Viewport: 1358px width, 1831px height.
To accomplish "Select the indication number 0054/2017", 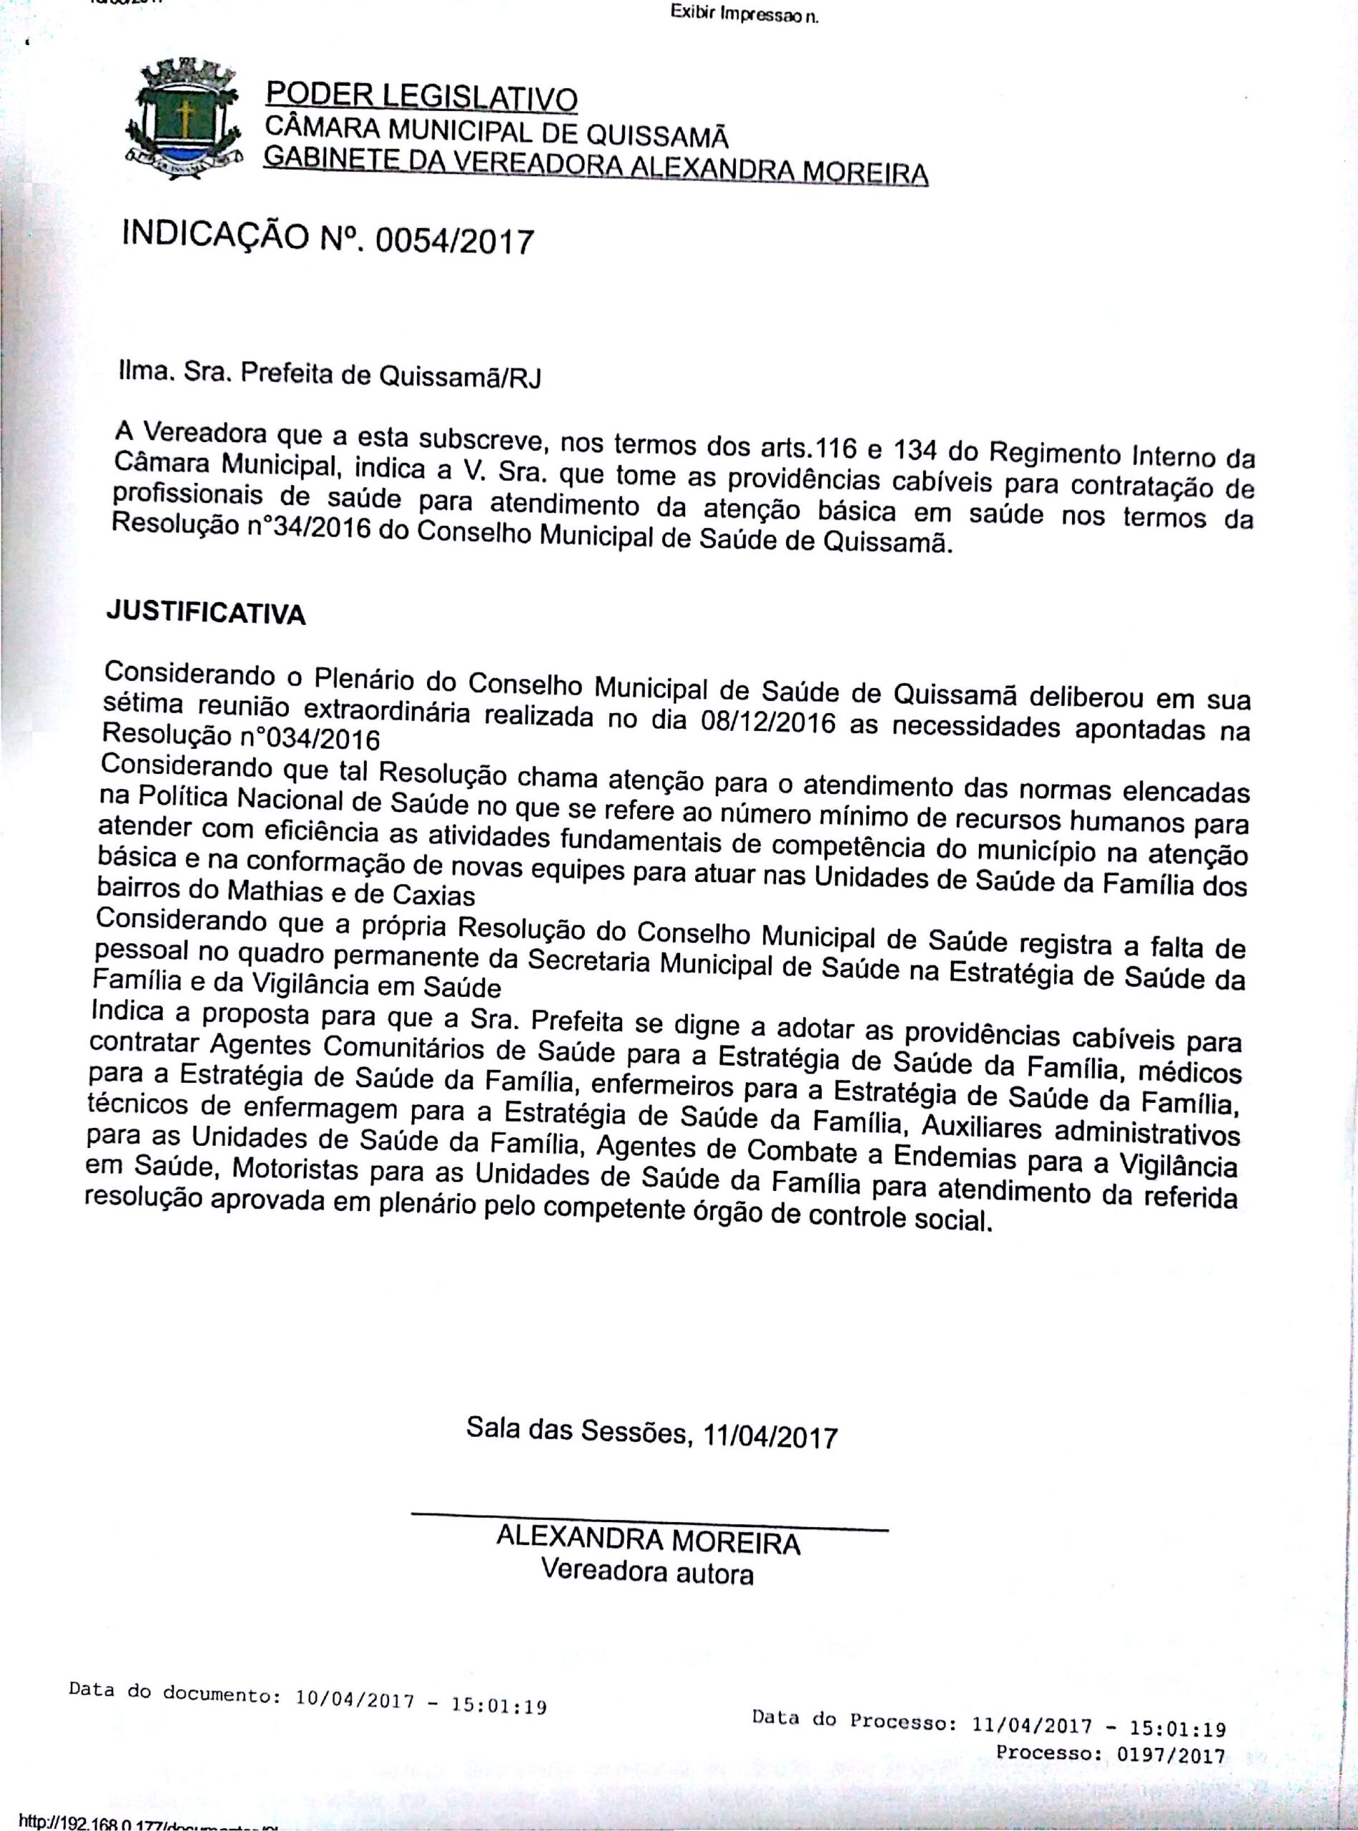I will coord(454,242).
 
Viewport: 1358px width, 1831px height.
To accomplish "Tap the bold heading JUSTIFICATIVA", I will coord(205,612).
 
